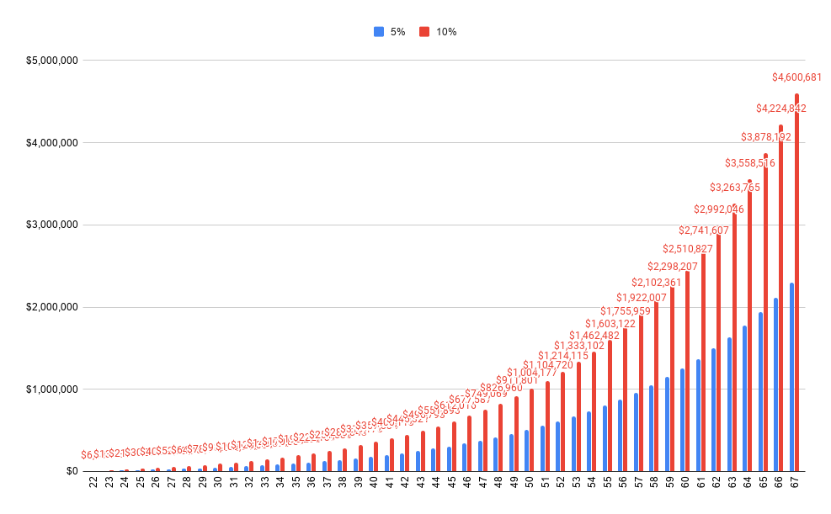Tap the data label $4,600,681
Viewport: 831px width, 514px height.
tap(796, 77)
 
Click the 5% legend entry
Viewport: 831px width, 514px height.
tap(390, 32)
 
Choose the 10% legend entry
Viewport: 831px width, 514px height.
tap(439, 32)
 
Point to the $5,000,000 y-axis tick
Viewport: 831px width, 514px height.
tap(51, 61)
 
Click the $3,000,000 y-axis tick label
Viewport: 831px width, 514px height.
tap(51, 225)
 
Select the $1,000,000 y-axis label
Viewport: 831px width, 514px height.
tap(51, 389)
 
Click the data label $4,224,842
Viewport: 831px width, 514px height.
tap(780, 109)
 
